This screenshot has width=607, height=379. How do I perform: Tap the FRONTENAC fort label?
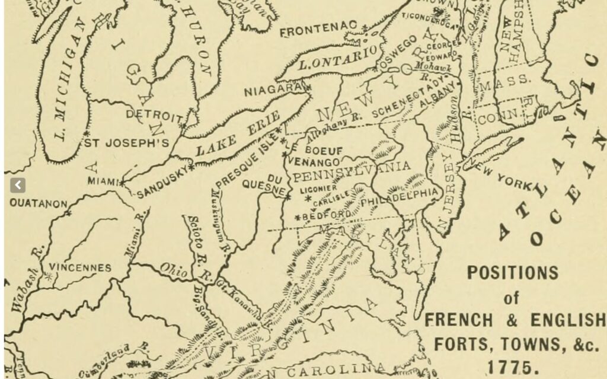tap(319, 30)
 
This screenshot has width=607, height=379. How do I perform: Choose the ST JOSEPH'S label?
tap(126, 143)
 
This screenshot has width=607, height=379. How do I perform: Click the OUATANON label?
tap(38, 203)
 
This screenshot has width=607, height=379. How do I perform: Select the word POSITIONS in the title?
tap(512, 272)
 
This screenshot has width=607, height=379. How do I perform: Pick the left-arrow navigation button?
tap(18, 185)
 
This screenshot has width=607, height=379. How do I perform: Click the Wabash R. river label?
tap(25, 279)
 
